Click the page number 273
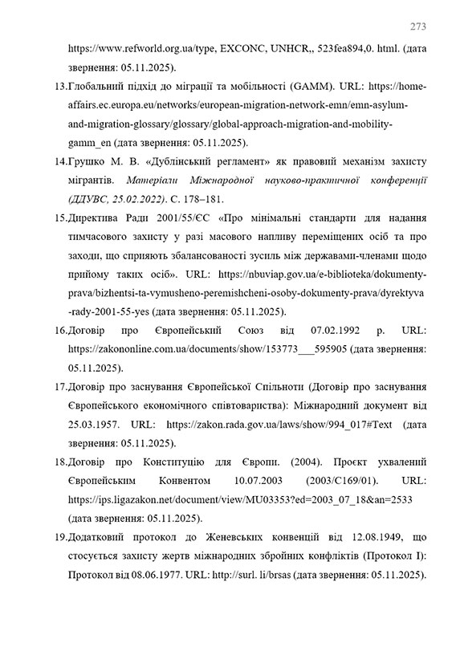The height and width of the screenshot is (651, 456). pos(417,23)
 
